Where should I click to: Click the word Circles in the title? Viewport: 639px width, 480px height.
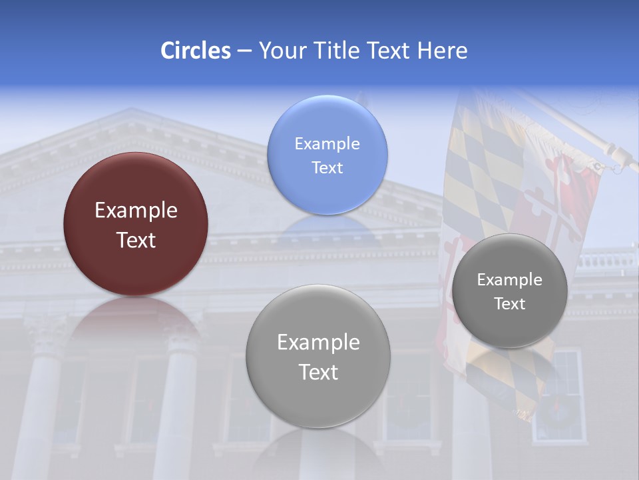[x=196, y=51]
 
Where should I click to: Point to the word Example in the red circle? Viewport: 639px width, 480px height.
[x=136, y=211]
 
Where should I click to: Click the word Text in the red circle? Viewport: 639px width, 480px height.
[x=136, y=240]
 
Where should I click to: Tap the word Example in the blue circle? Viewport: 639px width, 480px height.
[x=327, y=144]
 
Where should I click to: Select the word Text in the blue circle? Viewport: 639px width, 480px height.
[x=327, y=168]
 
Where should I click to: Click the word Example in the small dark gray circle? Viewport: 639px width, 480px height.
[x=510, y=280]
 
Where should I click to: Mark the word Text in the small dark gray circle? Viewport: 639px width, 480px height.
[x=510, y=304]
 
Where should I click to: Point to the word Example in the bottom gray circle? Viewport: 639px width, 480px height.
[x=318, y=343]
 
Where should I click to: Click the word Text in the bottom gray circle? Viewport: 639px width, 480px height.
[x=318, y=372]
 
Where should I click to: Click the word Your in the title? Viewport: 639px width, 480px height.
[x=280, y=51]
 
